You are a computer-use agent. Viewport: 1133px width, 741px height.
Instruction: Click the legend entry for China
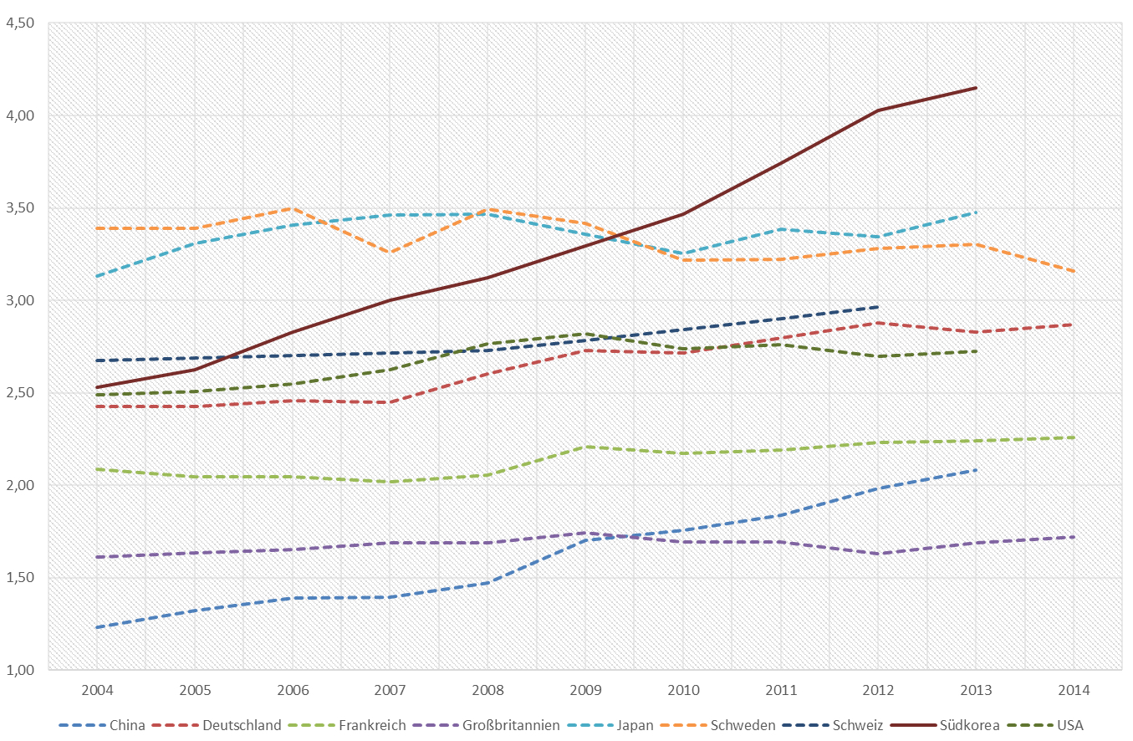click(x=127, y=725)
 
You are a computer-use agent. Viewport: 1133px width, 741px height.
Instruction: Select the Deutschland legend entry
click(x=242, y=725)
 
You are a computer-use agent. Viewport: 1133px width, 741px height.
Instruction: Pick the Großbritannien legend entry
click(x=511, y=725)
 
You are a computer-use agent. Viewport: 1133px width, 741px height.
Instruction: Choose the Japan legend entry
click(x=635, y=725)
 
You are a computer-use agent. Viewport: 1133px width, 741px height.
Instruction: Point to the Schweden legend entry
click(x=742, y=725)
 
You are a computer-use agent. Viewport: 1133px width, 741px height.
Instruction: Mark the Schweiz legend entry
click(x=857, y=725)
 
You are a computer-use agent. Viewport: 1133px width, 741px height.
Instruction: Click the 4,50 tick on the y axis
click(x=19, y=23)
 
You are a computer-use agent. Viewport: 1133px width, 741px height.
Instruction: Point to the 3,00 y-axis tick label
click(x=19, y=300)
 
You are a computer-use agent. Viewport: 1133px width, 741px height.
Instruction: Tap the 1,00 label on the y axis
click(x=19, y=670)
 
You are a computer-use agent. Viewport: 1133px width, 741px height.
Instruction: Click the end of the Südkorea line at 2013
click(x=976, y=88)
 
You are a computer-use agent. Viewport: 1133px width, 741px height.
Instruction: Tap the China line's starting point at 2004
click(x=96, y=627)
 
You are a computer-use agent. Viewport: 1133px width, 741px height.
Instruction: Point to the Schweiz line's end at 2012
click(x=878, y=307)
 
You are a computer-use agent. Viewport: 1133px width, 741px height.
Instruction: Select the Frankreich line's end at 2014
click(x=1074, y=437)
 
